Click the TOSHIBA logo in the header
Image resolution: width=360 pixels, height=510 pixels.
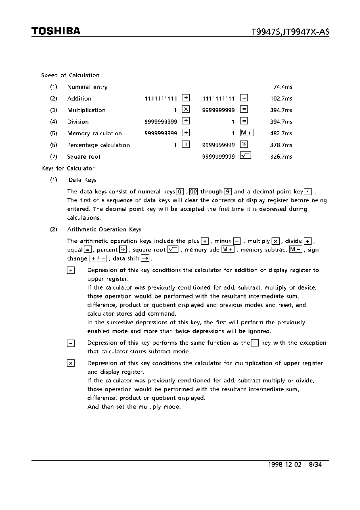pyautogui.click(x=56, y=31)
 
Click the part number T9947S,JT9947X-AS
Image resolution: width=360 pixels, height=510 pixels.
pyautogui.click(x=290, y=32)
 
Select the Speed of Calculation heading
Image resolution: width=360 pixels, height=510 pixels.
pyautogui.click(x=70, y=75)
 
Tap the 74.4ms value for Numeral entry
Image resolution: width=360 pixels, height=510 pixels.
pyautogui.click(x=283, y=87)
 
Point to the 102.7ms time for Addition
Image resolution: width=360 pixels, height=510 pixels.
pyautogui.click(x=281, y=99)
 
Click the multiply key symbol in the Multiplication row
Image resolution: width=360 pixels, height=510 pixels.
pyautogui.click(x=186, y=109)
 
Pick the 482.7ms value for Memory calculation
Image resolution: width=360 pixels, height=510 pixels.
pyautogui.click(x=281, y=133)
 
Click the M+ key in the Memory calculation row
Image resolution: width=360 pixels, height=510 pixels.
pyautogui.click(x=246, y=133)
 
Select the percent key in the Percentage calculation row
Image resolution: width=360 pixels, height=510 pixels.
pyautogui.click(x=244, y=145)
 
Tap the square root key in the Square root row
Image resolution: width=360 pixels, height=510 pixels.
pyautogui.click(x=245, y=156)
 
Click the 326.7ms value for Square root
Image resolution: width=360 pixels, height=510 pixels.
pyautogui.click(x=281, y=157)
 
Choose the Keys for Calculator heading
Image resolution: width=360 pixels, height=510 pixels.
pyautogui.click(x=68, y=168)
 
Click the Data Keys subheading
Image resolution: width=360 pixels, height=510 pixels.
pyautogui.click(x=82, y=180)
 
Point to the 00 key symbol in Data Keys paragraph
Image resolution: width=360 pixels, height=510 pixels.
pyautogui.click(x=193, y=192)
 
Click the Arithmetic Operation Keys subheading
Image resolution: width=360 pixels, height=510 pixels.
pyautogui.click(x=104, y=229)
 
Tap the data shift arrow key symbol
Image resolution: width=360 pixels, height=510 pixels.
pyautogui.click(x=145, y=258)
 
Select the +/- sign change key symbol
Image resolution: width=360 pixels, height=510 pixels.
pyautogui.click(x=98, y=258)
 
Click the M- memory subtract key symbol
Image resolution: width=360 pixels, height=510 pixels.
pyautogui.click(x=295, y=250)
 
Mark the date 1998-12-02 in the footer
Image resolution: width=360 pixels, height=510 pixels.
pyautogui.click(x=284, y=464)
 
